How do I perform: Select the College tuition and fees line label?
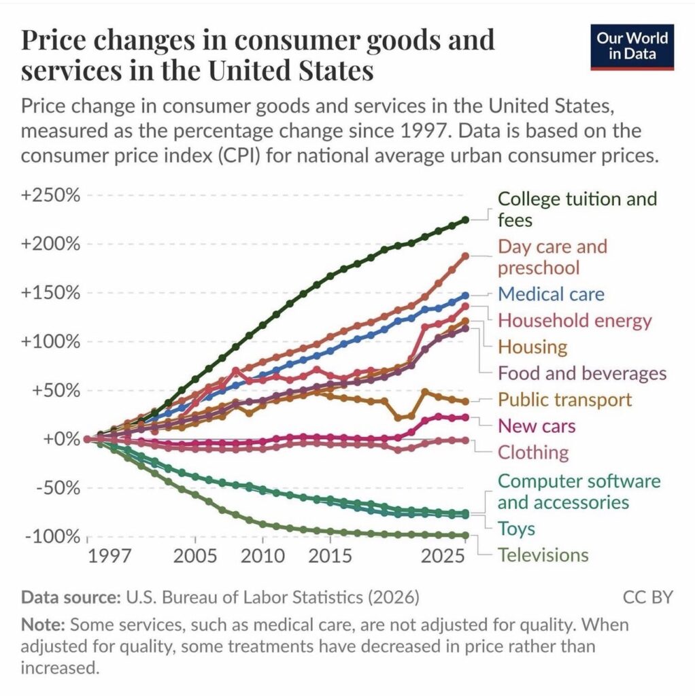pos(577,209)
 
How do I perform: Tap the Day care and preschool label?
pos(552,256)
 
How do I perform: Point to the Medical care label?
pos(551,294)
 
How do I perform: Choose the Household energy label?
pos(575,320)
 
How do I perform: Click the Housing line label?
pos(532,347)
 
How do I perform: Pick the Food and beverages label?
pos(582,373)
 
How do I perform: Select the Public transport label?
pos(564,400)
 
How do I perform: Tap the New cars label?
pos(537,426)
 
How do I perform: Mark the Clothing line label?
pos(533,452)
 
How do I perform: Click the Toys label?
pos(516,529)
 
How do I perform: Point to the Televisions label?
pos(543,555)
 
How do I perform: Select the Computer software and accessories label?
pos(579,491)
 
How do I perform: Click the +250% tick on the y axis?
pos(52,195)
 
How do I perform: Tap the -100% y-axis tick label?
pos(52,536)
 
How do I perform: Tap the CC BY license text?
pos(647,597)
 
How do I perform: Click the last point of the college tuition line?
pos(466,220)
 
